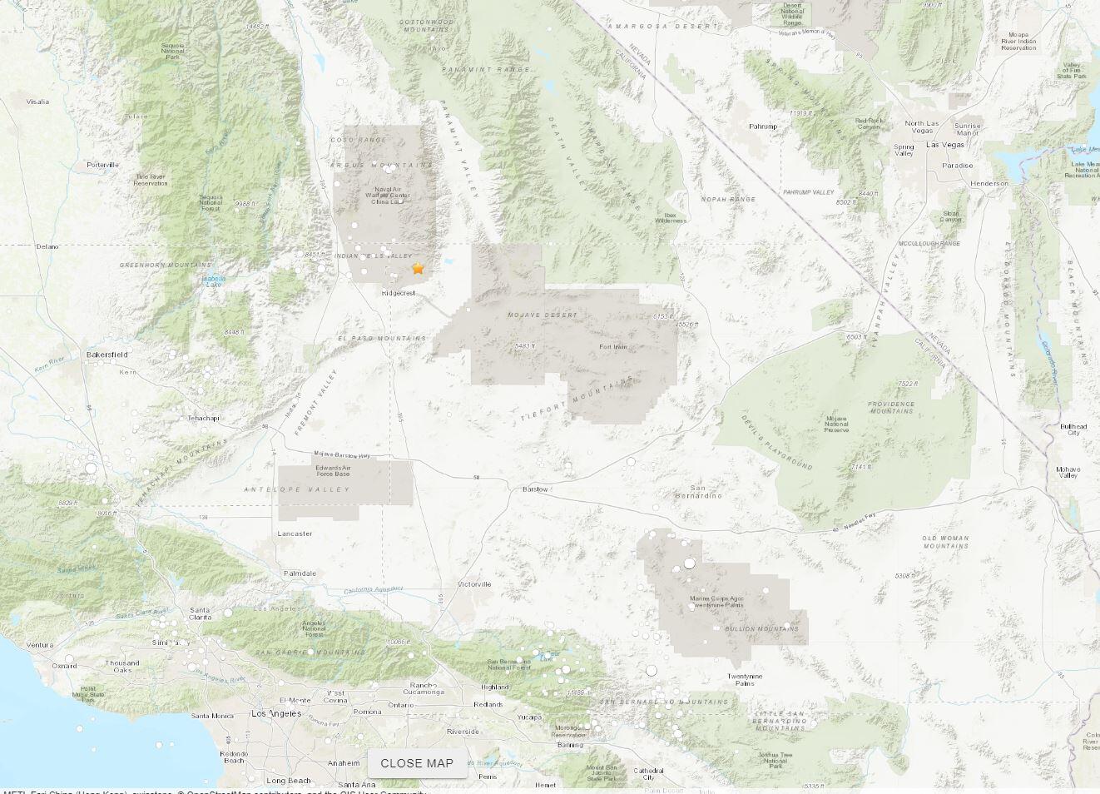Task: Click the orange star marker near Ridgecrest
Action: [418, 268]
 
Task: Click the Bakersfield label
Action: [107, 355]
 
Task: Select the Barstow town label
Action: [535, 489]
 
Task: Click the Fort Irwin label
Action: [613, 347]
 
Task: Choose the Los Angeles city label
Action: [276, 714]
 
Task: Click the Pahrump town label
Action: [762, 127]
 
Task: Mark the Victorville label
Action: [474, 584]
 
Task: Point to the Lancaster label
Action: [295, 533]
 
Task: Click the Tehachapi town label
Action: [204, 418]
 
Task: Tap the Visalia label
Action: [37, 102]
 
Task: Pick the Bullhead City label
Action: [1073, 429]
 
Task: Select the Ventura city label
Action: [39, 645]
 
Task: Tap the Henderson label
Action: [989, 183]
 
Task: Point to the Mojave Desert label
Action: [542, 315]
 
